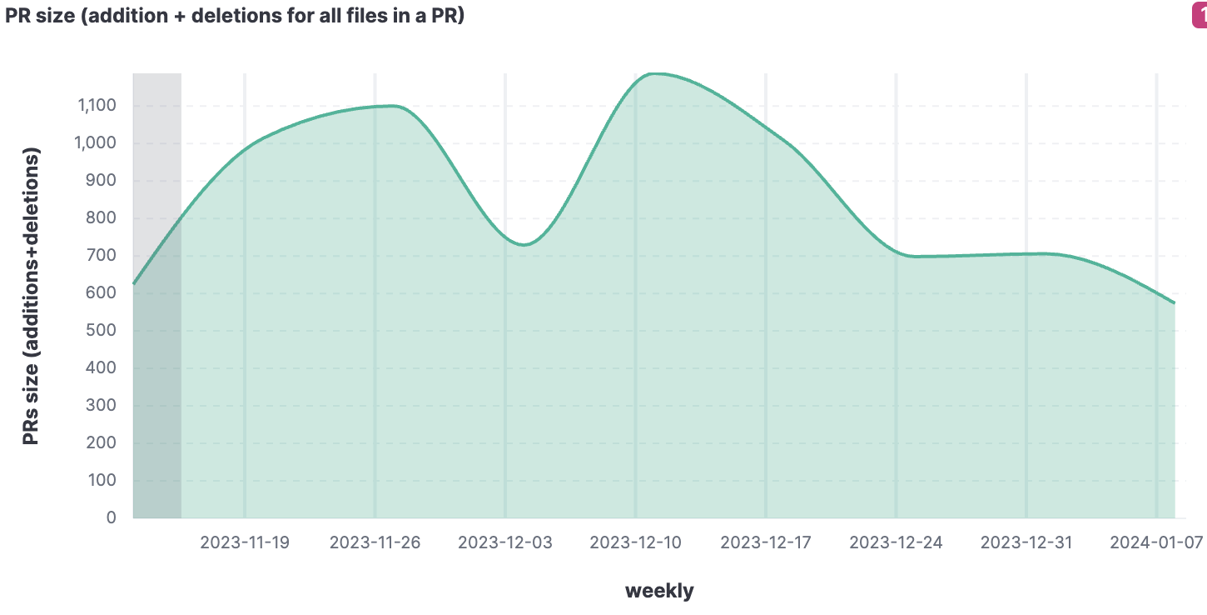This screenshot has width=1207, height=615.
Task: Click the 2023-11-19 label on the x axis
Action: pyautogui.click(x=245, y=542)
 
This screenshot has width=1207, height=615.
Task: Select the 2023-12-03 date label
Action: pyautogui.click(x=505, y=542)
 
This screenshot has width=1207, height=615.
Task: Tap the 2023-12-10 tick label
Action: pyautogui.click(x=636, y=542)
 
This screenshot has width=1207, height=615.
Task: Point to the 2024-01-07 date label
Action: pyautogui.click(x=1157, y=542)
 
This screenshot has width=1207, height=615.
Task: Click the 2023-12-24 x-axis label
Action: pyautogui.click(x=897, y=542)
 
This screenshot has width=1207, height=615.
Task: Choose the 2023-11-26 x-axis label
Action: pyautogui.click(x=375, y=542)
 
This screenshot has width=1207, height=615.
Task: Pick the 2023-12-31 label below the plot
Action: pyautogui.click(x=1026, y=542)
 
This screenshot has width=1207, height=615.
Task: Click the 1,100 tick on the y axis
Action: pyautogui.click(x=97, y=106)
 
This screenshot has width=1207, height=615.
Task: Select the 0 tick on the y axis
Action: pyautogui.click(x=112, y=517)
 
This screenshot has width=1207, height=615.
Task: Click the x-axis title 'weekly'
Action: pyautogui.click(x=659, y=591)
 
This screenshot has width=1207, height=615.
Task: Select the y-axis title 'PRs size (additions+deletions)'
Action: pyautogui.click(x=31, y=297)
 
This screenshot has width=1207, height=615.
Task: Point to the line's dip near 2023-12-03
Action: pyautogui.click(x=523, y=244)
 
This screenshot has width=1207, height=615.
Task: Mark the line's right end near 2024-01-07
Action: pyautogui.click(x=1174, y=302)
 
